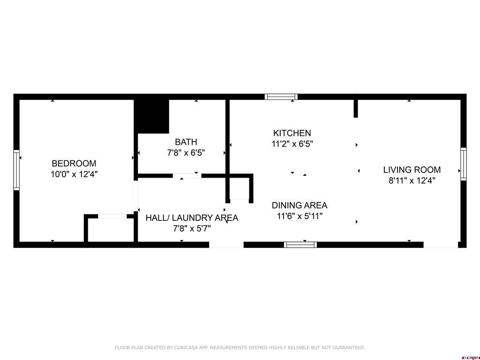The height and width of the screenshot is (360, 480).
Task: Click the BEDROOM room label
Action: pyautogui.click(x=74, y=164)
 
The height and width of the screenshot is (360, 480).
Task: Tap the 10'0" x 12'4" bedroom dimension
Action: pyautogui.click(x=74, y=174)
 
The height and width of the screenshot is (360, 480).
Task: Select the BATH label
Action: pyautogui.click(x=186, y=142)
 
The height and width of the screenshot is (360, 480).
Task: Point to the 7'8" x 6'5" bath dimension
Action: pyautogui.click(x=186, y=152)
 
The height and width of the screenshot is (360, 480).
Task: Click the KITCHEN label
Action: pyautogui.click(x=292, y=133)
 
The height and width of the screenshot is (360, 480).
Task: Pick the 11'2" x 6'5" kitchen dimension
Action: pyautogui.click(x=292, y=143)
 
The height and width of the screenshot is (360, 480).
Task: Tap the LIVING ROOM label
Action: pyautogui.click(x=412, y=170)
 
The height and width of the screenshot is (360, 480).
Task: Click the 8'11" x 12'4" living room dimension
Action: pyautogui.click(x=412, y=180)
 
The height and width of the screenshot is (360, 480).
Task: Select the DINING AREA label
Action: pyautogui.click(x=300, y=205)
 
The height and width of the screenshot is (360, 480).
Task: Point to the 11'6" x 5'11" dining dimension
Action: pyautogui.click(x=300, y=216)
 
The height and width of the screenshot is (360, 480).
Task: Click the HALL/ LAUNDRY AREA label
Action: pyautogui.click(x=192, y=218)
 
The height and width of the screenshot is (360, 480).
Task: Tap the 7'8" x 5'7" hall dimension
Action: pyautogui.click(x=192, y=228)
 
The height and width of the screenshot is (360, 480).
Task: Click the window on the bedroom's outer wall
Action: pyautogui.click(x=16, y=170)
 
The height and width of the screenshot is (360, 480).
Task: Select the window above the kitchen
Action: pyautogui.click(x=281, y=97)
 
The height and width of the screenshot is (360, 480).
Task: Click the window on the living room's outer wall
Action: pyautogui.click(x=464, y=164)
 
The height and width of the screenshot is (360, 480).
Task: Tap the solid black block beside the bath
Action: pyautogui.click(x=152, y=116)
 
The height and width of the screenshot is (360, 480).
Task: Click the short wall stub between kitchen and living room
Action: pyautogui.click(x=356, y=108)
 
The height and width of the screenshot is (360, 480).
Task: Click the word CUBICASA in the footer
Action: pyautogui.click(x=185, y=347)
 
